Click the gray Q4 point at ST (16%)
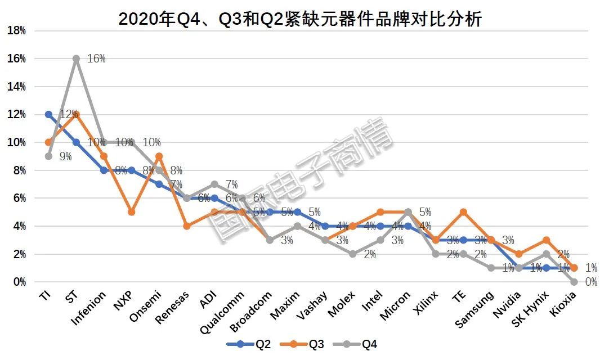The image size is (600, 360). coord(77,58)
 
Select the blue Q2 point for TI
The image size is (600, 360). coord(49,114)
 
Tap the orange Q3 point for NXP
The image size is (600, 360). coord(132,212)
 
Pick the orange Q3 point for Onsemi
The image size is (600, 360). coord(159,156)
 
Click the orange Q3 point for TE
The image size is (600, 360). coord(463,212)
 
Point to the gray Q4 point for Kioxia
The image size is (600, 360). coord(574,282)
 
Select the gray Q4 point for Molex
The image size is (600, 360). coord(353,254)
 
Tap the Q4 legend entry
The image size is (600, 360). coord(355,344)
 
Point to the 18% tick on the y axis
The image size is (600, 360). coord(16,31)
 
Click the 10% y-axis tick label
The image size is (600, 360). coord(16,142)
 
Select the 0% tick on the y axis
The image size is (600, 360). coord(19,282)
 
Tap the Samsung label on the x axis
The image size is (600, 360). coord(476,309)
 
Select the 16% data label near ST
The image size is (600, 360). coord(96,58)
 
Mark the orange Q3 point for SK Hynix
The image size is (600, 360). coord(547,240)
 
